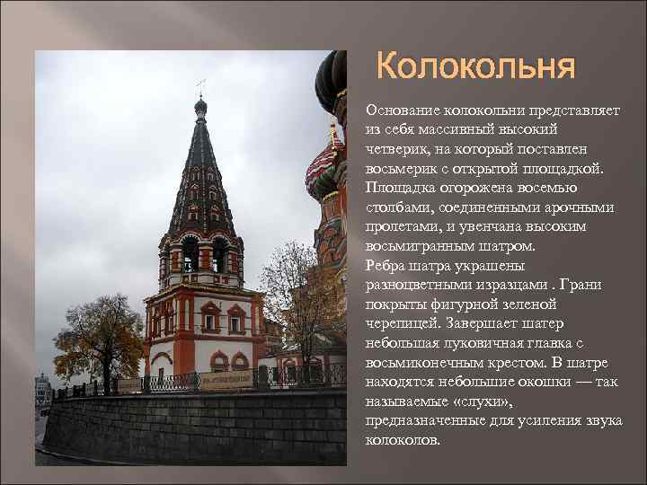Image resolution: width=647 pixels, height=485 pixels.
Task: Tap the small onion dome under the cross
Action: point(200,106)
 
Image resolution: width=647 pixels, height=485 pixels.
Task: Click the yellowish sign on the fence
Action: point(226,379)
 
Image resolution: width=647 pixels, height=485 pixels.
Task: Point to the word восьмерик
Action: point(402,168)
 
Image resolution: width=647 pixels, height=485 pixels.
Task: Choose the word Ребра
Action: point(386,266)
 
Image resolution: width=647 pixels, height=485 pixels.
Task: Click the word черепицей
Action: point(400,324)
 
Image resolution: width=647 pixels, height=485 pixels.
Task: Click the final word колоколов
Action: point(403,441)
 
